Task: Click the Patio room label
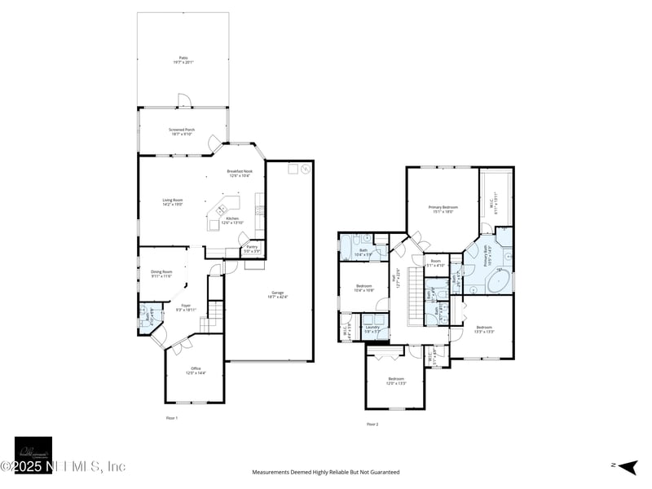pos(183,59)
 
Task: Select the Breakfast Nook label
pos(240,173)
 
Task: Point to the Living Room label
pos(172,202)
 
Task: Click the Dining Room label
pos(161,274)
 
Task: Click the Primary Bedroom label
pos(443,209)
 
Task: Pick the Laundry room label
pos(372,328)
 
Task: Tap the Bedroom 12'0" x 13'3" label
pos(396,380)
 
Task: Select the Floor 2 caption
pos(372,424)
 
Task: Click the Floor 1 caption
pos(171,417)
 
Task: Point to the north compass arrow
pos(628,466)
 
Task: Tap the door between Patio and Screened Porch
pos(183,101)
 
